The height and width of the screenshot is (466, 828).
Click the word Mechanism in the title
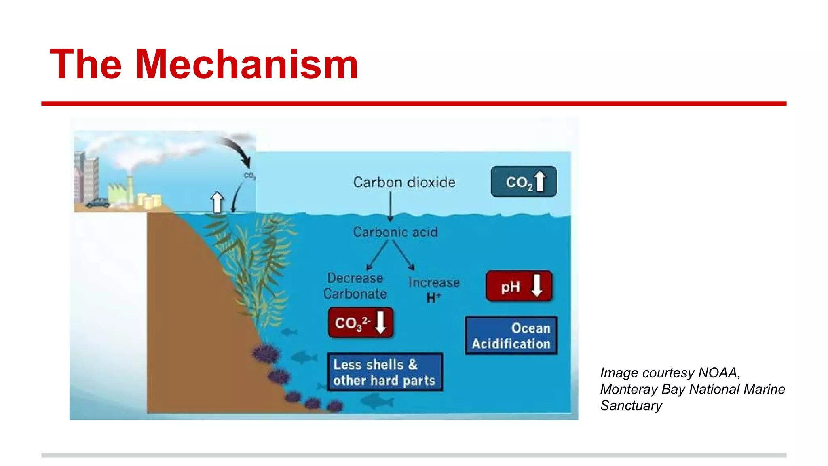(x=247, y=65)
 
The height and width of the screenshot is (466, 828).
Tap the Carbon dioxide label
(x=404, y=182)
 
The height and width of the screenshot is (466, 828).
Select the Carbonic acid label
(x=395, y=232)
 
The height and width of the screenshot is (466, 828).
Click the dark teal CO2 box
(x=523, y=182)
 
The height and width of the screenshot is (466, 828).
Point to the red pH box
(x=519, y=286)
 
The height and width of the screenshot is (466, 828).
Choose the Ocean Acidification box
(x=511, y=336)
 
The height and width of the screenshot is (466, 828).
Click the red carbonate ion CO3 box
(x=360, y=322)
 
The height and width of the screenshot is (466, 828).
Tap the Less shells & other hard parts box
(x=384, y=372)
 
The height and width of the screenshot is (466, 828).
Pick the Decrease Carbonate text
(x=355, y=286)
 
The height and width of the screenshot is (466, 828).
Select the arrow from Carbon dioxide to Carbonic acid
(x=390, y=206)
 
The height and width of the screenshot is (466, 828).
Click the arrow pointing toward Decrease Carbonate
(x=377, y=255)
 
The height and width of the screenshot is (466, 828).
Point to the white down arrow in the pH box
(x=537, y=285)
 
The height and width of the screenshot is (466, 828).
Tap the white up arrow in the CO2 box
(x=540, y=181)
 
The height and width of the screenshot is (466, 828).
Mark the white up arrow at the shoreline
(x=217, y=201)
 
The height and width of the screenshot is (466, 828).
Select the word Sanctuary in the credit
(x=631, y=405)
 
